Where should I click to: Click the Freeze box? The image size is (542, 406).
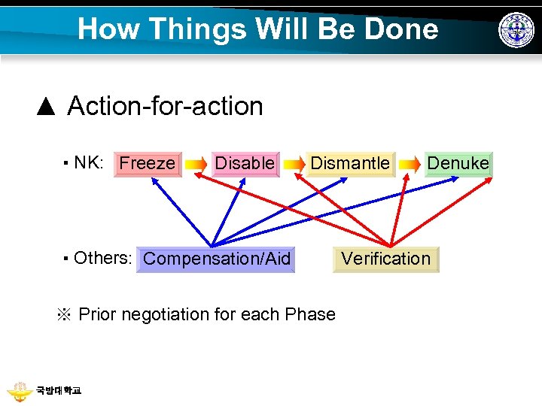point(148,163)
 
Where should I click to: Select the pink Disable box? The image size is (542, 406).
point(245,163)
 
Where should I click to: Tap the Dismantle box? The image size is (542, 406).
point(350,163)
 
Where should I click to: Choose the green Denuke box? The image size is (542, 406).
point(458,163)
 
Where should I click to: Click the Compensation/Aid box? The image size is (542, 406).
point(216,259)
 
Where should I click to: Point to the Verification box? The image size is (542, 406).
point(385,259)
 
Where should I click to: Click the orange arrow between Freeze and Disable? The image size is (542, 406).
point(196,164)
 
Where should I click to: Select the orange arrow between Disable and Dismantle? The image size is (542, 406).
point(294,164)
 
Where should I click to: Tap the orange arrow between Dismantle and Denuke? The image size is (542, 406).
point(410,164)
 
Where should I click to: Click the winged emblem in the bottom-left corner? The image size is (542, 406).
point(18,391)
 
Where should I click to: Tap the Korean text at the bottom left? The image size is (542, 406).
point(58,391)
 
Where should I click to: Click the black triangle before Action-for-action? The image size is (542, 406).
point(46,106)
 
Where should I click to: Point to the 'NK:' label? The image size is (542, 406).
point(89,163)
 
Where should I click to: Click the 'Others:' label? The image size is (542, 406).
point(103,258)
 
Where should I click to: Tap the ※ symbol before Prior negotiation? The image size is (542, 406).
point(64,314)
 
